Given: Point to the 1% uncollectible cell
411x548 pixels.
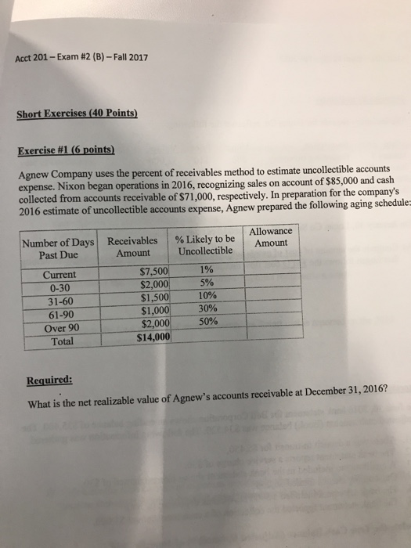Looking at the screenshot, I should click(x=206, y=270).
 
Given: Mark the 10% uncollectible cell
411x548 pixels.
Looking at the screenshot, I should click(x=206, y=296).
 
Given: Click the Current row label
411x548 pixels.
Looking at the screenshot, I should click(x=59, y=275).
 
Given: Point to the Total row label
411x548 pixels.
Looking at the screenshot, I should click(x=60, y=341).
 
